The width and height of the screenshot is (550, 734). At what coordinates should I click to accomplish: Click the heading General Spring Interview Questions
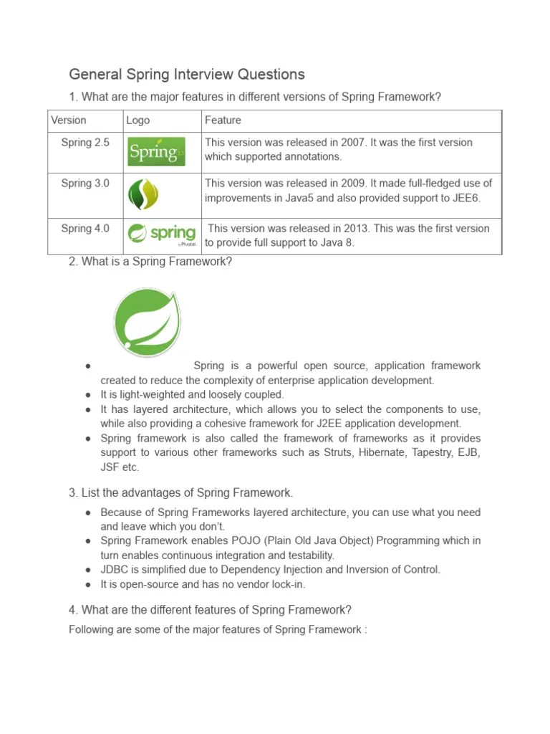point(186,74)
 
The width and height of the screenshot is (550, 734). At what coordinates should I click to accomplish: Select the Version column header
point(69,120)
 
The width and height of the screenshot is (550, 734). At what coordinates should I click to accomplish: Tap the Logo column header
point(138,120)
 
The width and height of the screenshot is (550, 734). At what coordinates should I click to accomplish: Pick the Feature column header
point(223,120)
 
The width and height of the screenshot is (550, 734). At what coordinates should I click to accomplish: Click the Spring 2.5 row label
point(85,143)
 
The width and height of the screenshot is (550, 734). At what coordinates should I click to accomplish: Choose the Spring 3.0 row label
point(85,183)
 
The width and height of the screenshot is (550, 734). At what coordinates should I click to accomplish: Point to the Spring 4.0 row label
point(85,229)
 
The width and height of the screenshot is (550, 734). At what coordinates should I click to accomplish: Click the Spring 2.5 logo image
point(157,151)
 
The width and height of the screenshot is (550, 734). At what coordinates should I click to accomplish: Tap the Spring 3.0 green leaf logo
point(143,194)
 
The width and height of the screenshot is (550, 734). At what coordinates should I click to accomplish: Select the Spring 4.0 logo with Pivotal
point(161,234)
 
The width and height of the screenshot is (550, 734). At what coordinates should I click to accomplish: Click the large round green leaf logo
point(147,322)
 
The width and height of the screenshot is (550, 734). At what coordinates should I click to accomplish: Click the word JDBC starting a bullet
point(114,570)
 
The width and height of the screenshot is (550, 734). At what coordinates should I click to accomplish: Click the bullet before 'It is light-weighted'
point(87,395)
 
